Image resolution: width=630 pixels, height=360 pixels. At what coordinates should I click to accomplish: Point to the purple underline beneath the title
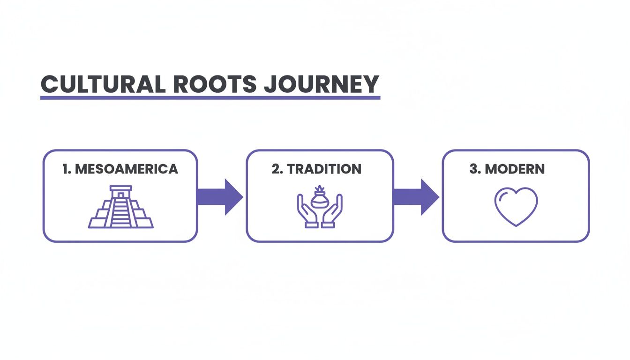point(210,97)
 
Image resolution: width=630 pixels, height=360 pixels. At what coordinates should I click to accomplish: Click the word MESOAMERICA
point(127,169)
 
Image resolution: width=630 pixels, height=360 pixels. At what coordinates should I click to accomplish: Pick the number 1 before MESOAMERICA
point(65,169)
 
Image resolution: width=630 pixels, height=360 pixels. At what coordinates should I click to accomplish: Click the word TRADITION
point(324,169)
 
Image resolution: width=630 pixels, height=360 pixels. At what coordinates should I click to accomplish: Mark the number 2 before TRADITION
point(276,169)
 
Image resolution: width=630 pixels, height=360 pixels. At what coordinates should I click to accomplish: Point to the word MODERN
point(515,169)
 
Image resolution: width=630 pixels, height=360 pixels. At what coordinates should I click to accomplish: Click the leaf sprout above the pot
point(320,189)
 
